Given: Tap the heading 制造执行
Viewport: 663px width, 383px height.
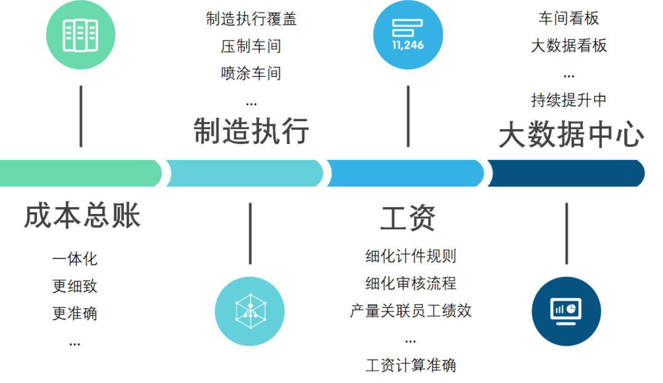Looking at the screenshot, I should click(x=251, y=131).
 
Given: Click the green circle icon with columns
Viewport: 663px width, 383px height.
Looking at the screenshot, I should click(x=80, y=34).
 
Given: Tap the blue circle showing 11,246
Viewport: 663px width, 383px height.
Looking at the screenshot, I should click(x=408, y=34).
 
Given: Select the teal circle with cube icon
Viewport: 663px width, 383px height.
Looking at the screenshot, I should click(x=250, y=310).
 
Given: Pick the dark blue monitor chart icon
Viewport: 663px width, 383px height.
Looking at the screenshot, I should click(x=566, y=310).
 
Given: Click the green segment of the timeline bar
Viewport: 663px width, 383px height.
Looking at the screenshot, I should click(x=80, y=173).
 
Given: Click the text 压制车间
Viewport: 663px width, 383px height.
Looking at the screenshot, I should click(x=251, y=46).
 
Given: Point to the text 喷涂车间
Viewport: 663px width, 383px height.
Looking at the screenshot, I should click(x=251, y=74).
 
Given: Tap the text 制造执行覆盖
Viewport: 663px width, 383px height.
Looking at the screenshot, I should click(x=251, y=19).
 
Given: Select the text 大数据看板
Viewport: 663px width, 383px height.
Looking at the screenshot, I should click(x=569, y=46).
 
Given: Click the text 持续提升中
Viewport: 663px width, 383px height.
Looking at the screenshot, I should click(x=569, y=100).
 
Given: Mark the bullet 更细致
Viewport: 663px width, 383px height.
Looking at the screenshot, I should click(x=75, y=286).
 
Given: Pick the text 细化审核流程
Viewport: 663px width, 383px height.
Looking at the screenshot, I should click(x=411, y=283).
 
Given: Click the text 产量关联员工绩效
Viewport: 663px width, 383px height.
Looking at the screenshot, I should click(x=411, y=310).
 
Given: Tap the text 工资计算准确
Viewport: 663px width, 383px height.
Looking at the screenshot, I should click(x=411, y=365).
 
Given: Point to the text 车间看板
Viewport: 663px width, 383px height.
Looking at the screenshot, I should click(x=569, y=19).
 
